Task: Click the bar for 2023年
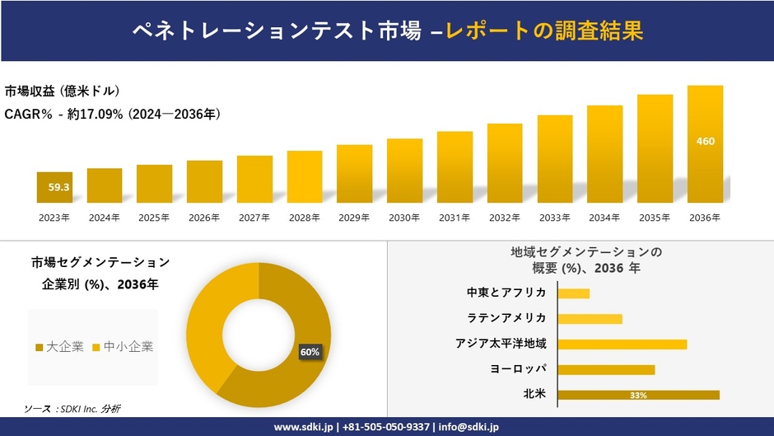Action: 54,187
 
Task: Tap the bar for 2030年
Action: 404,171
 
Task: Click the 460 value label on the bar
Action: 705,141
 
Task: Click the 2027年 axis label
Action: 254,218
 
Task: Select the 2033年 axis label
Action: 554,218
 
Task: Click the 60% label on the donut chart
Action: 310,352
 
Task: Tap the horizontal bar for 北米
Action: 638,395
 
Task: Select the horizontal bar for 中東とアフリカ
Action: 574,293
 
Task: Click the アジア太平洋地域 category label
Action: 501,344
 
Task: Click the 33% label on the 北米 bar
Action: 638,396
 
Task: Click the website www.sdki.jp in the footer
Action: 303,427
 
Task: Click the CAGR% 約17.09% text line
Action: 112,114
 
